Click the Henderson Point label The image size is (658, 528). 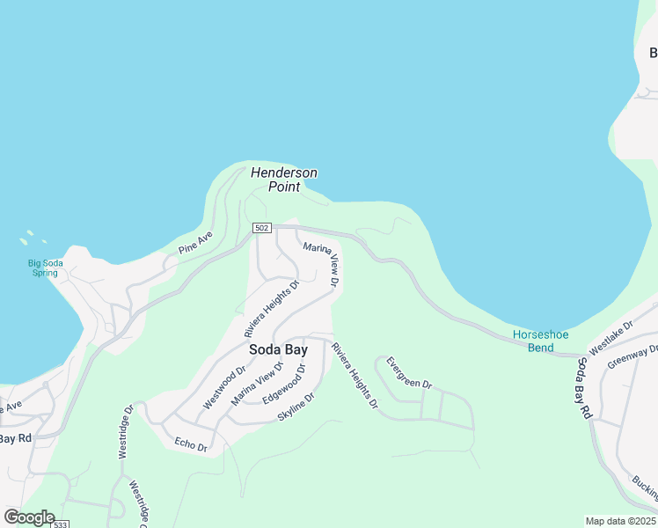[x=283, y=180]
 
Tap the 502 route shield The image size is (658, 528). [x=261, y=228]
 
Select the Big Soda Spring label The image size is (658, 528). [x=43, y=268]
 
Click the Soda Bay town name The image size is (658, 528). [x=278, y=349]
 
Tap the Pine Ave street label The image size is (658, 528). [x=195, y=243]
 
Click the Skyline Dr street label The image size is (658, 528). [x=296, y=406]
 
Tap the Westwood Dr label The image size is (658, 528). [x=223, y=388]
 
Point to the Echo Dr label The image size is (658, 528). [x=191, y=444]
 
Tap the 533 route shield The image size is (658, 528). [x=61, y=524]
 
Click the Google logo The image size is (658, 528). [x=29, y=517]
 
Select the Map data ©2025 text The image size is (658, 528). [x=621, y=521]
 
